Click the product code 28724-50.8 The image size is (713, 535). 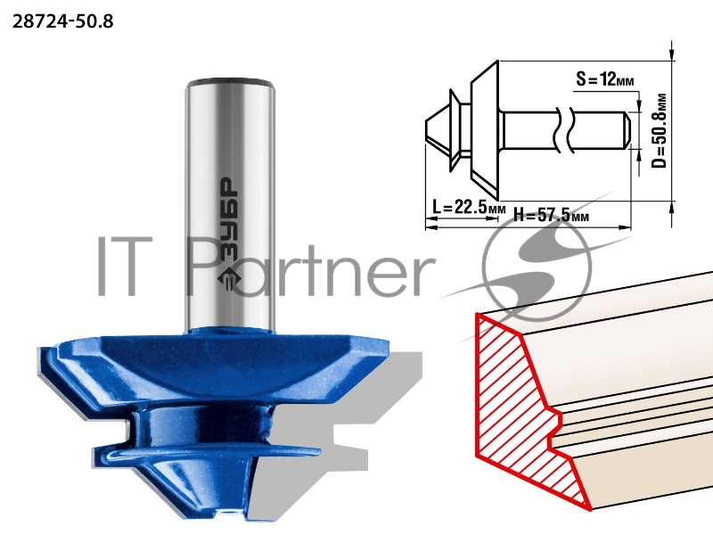pyautogui.click(x=62, y=21)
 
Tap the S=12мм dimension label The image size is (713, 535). pyautogui.click(x=605, y=79)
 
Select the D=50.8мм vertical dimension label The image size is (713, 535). pyautogui.click(x=659, y=131)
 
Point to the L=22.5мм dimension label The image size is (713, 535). pyautogui.click(x=469, y=208)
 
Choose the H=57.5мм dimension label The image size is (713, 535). pyautogui.click(x=551, y=214)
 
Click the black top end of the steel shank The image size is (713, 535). pyautogui.click(x=231, y=82)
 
